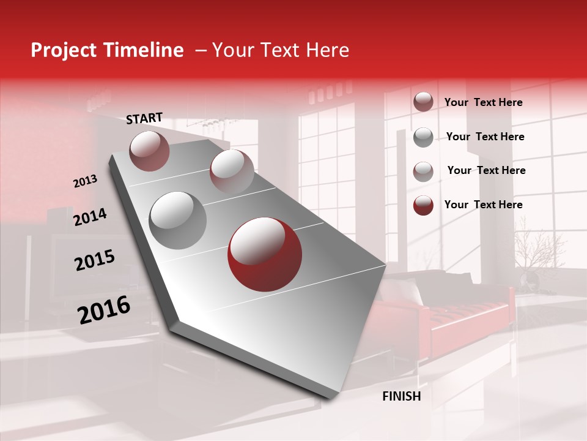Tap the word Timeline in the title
147,50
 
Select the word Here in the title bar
327,50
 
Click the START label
144,118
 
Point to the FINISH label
402,396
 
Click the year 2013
85,181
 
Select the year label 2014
90,217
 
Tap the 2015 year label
95,260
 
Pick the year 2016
104,310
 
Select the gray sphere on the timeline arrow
177,221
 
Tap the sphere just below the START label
149,151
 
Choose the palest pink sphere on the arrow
232,171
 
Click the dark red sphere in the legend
423,205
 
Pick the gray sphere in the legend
423,137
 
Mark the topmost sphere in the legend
423,102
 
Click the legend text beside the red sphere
483,205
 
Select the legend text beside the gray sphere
485,137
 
